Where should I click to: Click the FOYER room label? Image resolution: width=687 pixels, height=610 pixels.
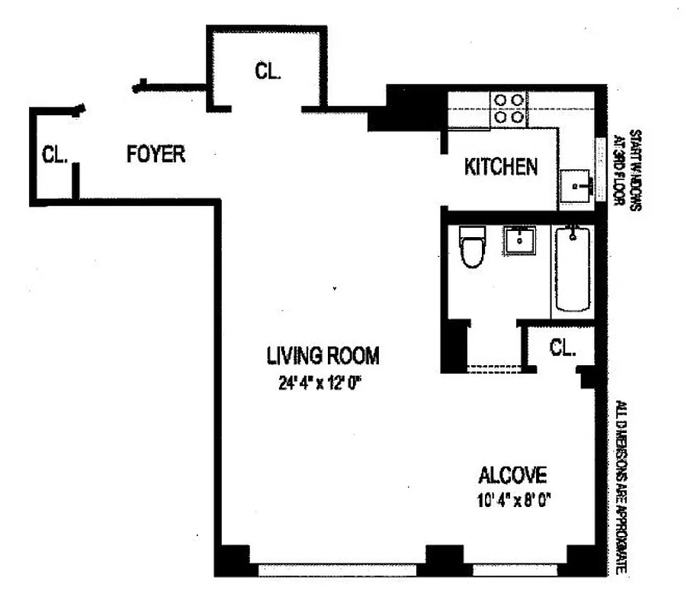coord(155,154)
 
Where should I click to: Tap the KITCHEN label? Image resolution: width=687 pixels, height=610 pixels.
coord(502,166)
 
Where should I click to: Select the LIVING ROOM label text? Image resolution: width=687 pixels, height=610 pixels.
coord(322,355)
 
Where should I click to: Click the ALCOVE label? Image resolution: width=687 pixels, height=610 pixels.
coord(512,476)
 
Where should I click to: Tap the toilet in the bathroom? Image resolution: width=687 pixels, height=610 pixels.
coord(473,249)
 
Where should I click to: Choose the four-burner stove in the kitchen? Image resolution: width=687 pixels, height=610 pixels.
coord(509,108)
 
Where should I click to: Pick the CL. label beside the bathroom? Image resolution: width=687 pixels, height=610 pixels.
coord(562,348)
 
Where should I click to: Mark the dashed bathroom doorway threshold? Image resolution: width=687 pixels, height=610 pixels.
coord(493,369)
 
